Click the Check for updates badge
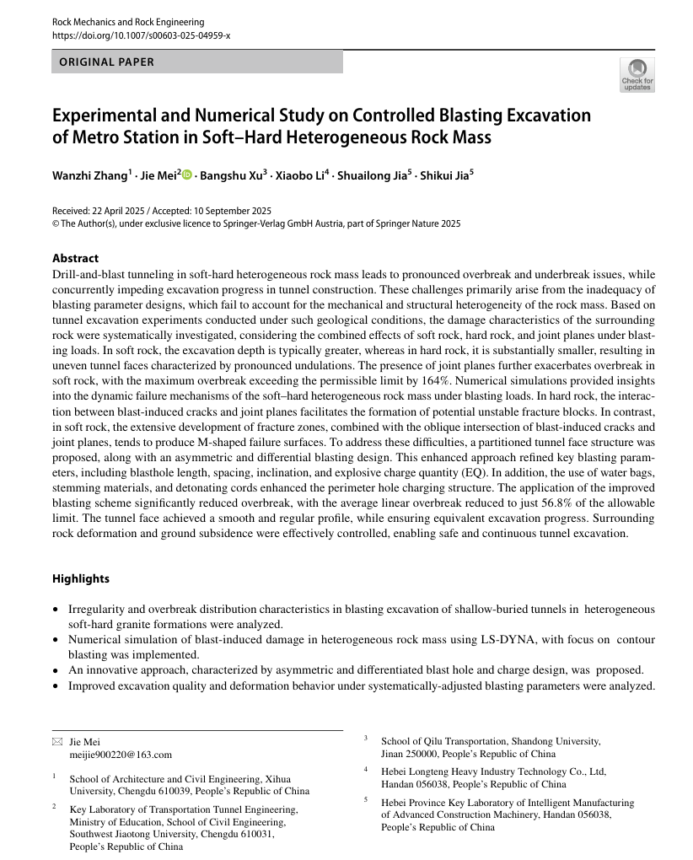pyautogui.click(x=637, y=74)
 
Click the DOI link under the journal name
pyautogui.click(x=141, y=35)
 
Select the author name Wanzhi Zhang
pyautogui.click(x=90, y=175)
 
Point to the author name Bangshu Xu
pyautogui.click(x=231, y=175)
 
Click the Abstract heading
pyautogui.click(x=75, y=258)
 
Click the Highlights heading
pyautogui.click(x=81, y=578)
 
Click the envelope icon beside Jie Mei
pyautogui.click(x=57, y=741)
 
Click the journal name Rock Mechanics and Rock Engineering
pyautogui.click(x=128, y=22)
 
